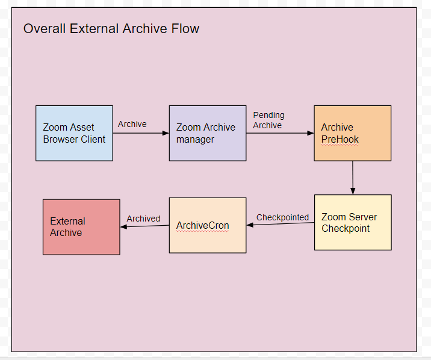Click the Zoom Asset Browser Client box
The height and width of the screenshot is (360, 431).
(x=74, y=133)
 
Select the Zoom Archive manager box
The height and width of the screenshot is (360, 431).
(x=208, y=133)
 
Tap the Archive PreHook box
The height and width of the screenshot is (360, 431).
(x=353, y=133)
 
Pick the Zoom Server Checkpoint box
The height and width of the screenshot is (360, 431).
(x=353, y=223)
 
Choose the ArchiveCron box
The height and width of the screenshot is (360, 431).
(x=208, y=225)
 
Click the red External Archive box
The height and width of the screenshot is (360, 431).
(x=81, y=227)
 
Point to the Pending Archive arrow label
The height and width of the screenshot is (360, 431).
(x=268, y=120)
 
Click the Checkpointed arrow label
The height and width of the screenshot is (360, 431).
(x=282, y=217)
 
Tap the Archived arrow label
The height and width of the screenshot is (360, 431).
(x=143, y=219)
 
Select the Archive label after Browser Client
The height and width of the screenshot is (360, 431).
(x=132, y=124)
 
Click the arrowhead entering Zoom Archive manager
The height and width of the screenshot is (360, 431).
(x=166, y=133)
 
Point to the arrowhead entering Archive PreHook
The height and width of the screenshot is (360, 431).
(x=311, y=133)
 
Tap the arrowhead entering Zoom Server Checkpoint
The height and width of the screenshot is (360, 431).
(x=353, y=191)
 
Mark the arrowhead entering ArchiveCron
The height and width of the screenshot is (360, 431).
(x=250, y=225)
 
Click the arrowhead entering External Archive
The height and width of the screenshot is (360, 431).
(x=123, y=227)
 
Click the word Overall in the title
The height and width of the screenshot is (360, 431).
(x=45, y=28)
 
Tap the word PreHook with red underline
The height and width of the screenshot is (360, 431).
(x=340, y=140)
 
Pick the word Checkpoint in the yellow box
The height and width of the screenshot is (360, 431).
(x=346, y=229)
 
